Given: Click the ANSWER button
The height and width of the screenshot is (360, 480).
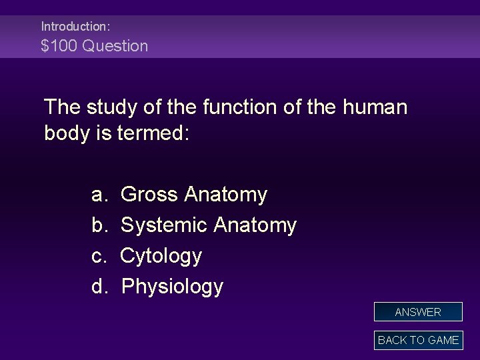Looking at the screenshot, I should pyautogui.click(x=418, y=312).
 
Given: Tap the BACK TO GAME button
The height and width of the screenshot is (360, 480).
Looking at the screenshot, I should pyautogui.click(x=418, y=340).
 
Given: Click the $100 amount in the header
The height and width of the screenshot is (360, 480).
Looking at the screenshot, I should pyautogui.click(x=56, y=46).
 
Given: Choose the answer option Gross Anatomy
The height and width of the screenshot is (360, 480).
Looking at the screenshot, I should pyautogui.click(x=193, y=195).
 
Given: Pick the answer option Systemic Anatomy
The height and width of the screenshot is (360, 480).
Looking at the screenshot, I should pyautogui.click(x=208, y=225).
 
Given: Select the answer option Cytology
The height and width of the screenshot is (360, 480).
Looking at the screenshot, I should pyautogui.click(x=161, y=256).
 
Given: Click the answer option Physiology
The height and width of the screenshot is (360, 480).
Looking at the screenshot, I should pyautogui.click(x=172, y=287).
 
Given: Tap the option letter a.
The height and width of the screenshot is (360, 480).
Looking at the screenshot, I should pyautogui.click(x=99, y=195).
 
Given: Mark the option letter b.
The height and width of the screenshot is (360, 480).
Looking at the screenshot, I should pyautogui.click(x=99, y=225).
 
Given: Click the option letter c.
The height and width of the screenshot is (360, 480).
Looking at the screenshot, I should pyautogui.click(x=99, y=256).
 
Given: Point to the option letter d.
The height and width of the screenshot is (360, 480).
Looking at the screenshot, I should pyautogui.click(x=99, y=287).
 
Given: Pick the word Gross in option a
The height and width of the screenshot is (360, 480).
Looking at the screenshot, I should pyautogui.click(x=149, y=195).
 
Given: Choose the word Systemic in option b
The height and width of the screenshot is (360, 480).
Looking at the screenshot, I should pyautogui.click(x=163, y=225).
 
